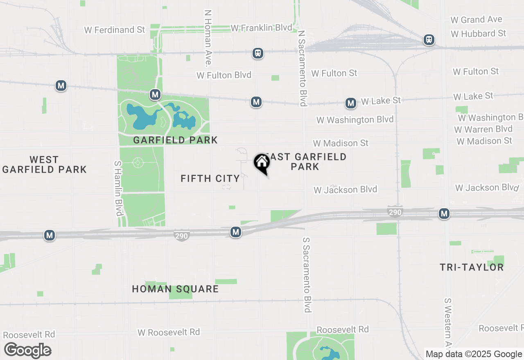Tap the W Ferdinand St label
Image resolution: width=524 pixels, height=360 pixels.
pos(115,30)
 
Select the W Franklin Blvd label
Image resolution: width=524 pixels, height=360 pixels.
pos(262,28)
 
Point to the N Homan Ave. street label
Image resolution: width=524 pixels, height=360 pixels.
pos(208,38)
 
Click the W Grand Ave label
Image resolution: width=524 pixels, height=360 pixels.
pos(476,20)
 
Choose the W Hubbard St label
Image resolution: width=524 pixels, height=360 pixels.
pos(479,34)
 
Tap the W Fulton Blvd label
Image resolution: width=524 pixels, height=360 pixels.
pos(224,75)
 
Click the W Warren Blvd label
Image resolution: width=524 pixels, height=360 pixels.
pos(483,129)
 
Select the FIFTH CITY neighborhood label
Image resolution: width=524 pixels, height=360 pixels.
pos(210,178)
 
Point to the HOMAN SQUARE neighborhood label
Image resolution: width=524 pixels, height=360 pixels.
pos(175,289)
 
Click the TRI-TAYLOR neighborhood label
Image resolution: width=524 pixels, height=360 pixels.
pos(472,268)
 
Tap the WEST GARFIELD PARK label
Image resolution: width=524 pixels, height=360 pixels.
pos(44,164)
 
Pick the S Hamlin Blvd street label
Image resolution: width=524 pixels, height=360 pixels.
pos(118,188)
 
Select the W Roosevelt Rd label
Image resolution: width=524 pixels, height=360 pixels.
pos(169,332)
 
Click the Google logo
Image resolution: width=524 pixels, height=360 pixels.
pos(28,351)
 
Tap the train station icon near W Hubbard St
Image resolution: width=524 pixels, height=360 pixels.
pos(429,40)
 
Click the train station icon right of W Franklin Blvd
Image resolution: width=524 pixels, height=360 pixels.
pos(258,53)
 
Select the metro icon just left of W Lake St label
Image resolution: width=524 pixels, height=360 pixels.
pos(350,103)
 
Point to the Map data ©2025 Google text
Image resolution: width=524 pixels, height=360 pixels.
pos(474,354)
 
